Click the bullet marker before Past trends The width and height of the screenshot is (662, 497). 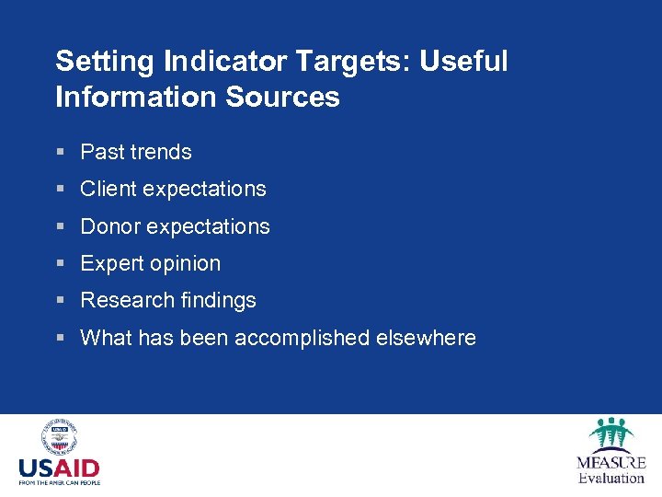[x=60, y=153]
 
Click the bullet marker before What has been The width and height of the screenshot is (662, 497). [x=60, y=338]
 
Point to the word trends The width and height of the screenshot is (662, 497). [x=162, y=152]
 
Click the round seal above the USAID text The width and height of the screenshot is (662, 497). [x=59, y=438]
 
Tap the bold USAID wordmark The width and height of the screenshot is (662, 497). [x=59, y=468]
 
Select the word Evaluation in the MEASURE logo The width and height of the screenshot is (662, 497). [x=611, y=478]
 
